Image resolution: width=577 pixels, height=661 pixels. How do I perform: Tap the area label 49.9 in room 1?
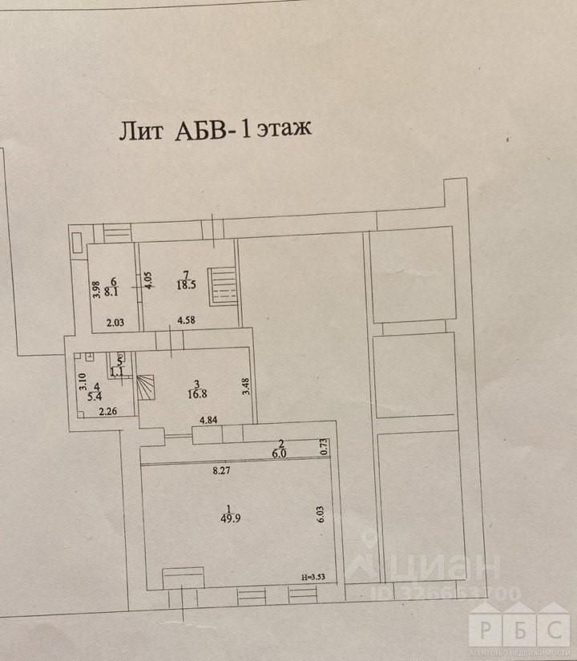[x=230, y=518]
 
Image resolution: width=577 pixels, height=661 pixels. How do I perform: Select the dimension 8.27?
[x=222, y=472]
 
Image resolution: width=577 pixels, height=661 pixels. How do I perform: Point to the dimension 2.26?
[x=107, y=413]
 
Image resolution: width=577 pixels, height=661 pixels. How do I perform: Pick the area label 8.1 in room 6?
[x=112, y=292]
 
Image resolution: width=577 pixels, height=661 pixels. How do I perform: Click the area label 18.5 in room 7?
[x=187, y=284]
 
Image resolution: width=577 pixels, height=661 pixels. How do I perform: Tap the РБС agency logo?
[x=520, y=623]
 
